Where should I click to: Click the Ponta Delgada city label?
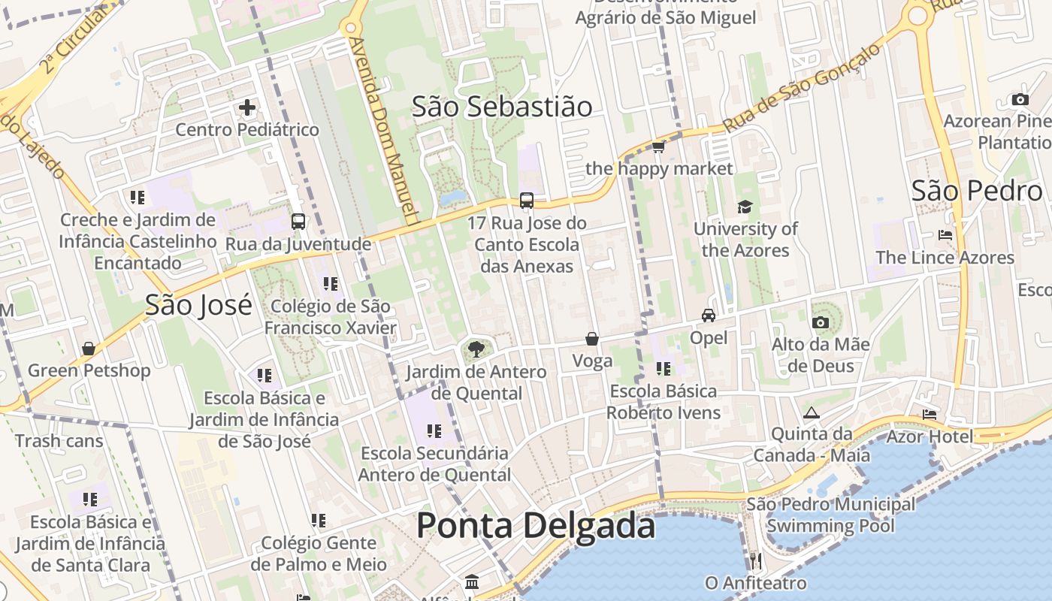pyautogui.click(x=535, y=525)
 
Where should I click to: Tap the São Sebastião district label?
pyautogui.click(x=502, y=107)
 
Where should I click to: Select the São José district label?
pyautogui.click(x=198, y=305)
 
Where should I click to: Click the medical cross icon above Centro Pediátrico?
pyautogui.click(x=247, y=108)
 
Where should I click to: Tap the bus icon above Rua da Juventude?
pyautogui.click(x=298, y=222)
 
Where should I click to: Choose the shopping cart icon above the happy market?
pyautogui.click(x=659, y=146)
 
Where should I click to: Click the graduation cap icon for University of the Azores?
pyautogui.click(x=745, y=207)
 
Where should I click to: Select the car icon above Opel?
pyautogui.click(x=709, y=316)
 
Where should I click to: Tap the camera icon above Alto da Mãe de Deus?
pyautogui.click(x=821, y=323)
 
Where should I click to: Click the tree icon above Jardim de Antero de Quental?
pyautogui.click(x=476, y=349)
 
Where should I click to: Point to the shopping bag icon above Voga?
pyautogui.click(x=592, y=339)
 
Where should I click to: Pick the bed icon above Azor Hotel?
pyautogui.click(x=930, y=414)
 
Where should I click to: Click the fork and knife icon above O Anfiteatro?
pyautogui.click(x=756, y=560)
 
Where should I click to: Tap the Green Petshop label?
pyautogui.click(x=89, y=370)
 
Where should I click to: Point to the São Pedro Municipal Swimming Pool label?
pyautogui.click(x=830, y=515)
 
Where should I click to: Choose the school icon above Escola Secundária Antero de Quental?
pyautogui.click(x=434, y=431)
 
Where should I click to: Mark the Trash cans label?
pyautogui.click(x=59, y=441)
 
